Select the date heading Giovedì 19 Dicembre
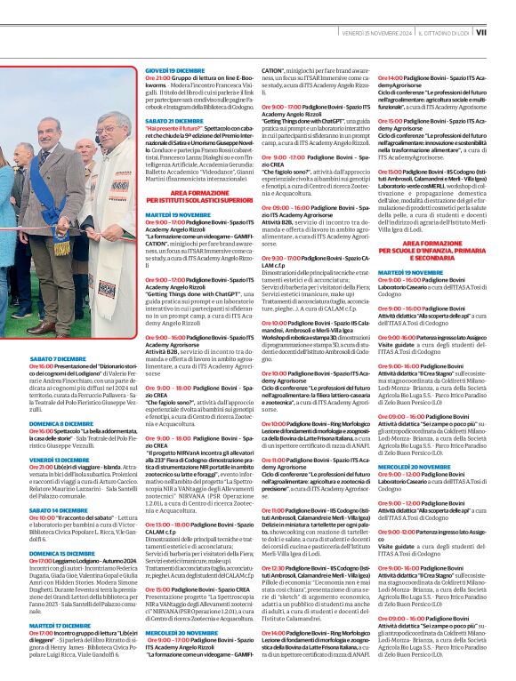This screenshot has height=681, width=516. pos(174,69)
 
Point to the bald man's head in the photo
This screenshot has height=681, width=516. pos(83,148)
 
